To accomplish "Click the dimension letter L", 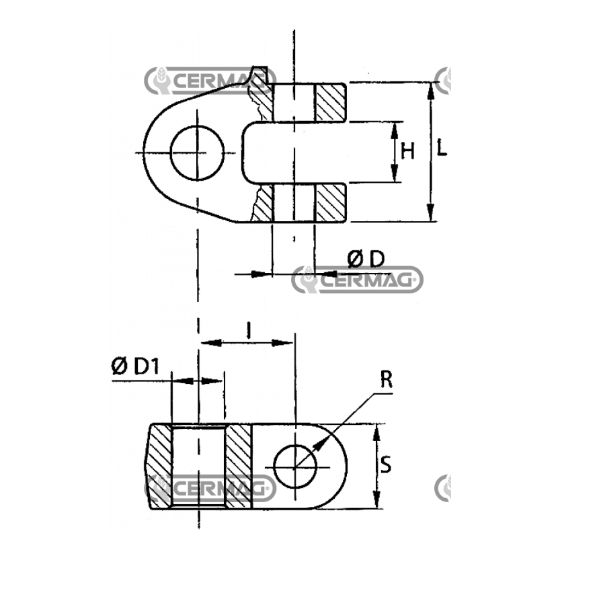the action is tap(442, 148).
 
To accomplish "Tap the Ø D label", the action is tap(366, 259).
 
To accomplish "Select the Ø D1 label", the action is tap(135, 366).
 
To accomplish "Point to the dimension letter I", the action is tap(249, 331).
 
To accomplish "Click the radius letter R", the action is tap(387, 379).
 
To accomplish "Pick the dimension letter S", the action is tap(386, 465).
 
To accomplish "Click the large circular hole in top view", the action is tap(197, 153).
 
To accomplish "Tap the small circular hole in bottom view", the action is tap(295, 467).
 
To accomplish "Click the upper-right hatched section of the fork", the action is tap(331, 102).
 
